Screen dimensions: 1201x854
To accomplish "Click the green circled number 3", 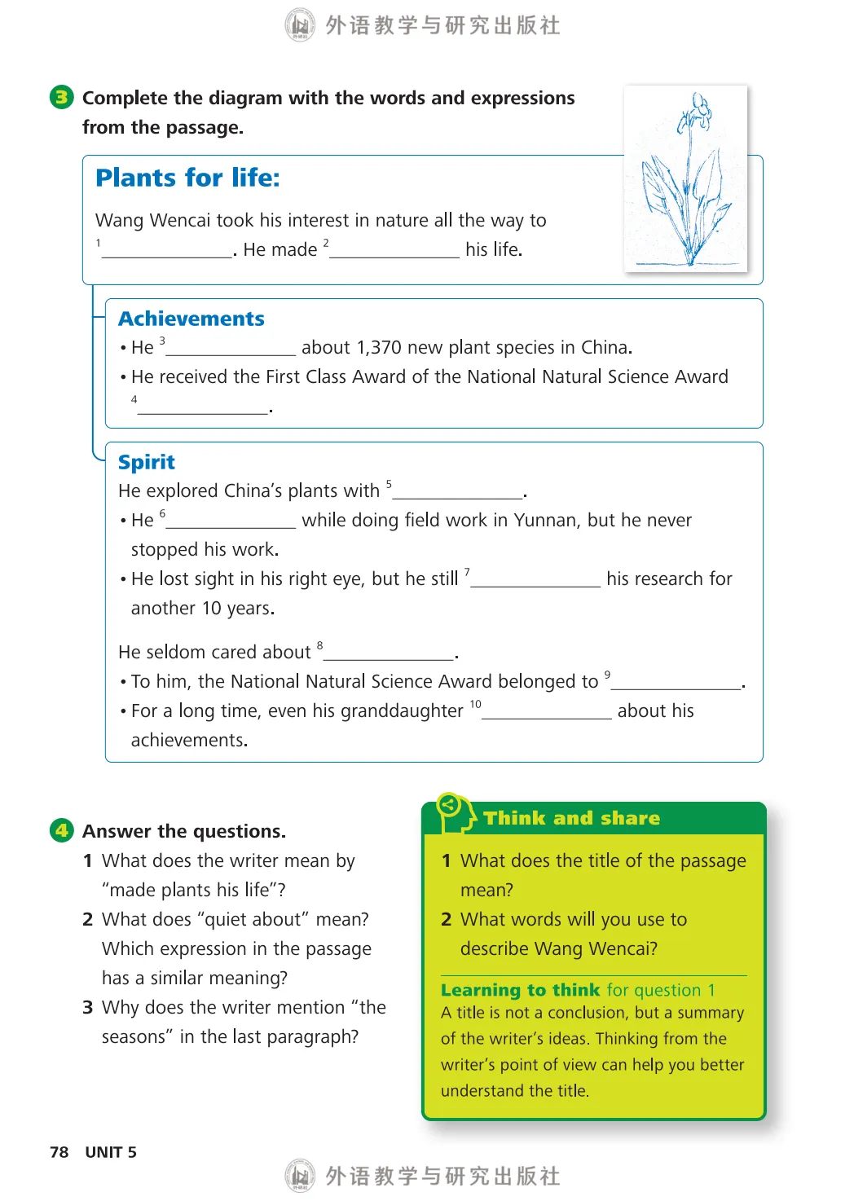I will coord(61,98).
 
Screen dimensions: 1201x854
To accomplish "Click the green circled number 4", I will coord(61,830).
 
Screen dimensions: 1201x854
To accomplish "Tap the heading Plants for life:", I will coord(187,178).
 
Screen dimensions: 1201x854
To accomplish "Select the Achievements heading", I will coord(191,319).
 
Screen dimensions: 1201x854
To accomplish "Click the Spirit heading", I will coord(147,462).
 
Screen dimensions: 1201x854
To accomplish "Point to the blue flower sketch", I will coord(685,179).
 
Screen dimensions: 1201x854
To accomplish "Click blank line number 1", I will coord(167,251).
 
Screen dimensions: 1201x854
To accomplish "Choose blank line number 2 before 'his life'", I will coord(394,251).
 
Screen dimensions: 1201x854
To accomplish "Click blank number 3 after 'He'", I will coord(231,349).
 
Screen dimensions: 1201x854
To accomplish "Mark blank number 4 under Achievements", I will coord(203,407).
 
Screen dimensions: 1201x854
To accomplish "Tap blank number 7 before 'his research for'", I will coord(535,580).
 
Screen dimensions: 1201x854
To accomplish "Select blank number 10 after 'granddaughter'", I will coord(546,712).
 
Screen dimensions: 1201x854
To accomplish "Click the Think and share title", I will coord(571,818).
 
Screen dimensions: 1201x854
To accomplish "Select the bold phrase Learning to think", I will coord(520,990).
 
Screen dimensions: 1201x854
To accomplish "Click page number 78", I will coord(59,1152).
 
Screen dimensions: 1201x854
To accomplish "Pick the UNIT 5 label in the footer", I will coord(111,1152).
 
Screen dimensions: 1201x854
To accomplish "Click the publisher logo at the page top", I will coord(300,25).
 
